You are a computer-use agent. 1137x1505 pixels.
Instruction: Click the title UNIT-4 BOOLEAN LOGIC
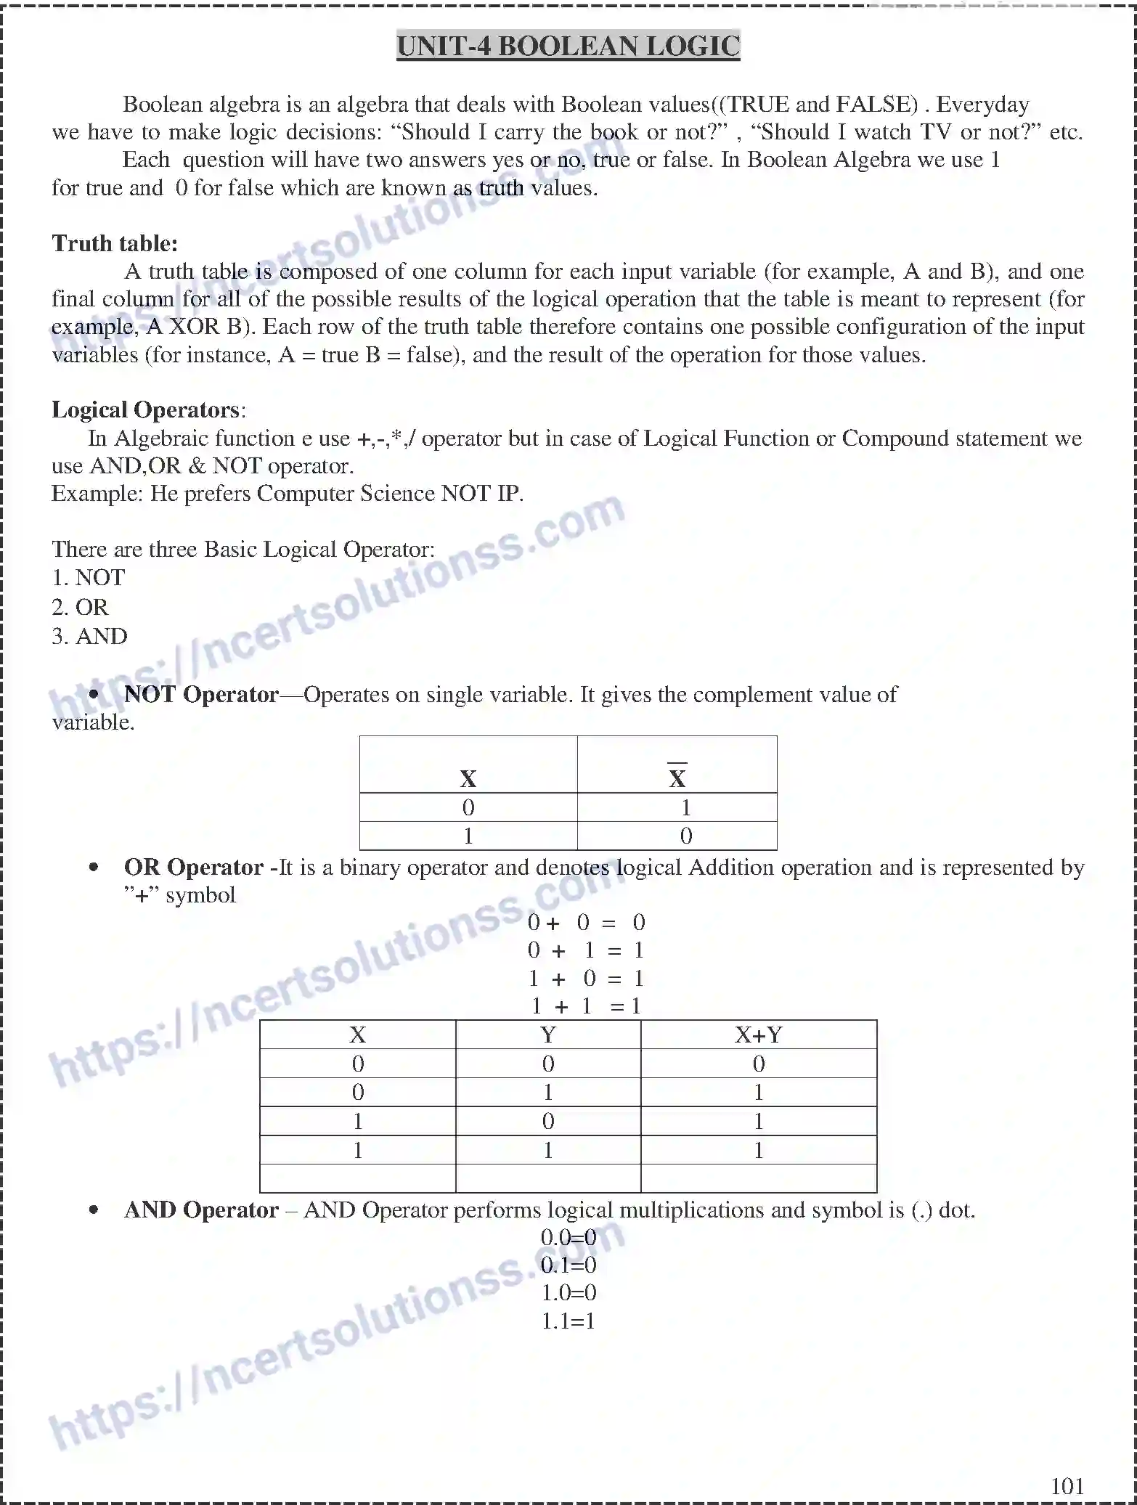568,46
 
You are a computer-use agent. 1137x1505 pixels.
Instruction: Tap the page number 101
1067,1485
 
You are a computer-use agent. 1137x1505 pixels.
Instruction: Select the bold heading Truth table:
115,243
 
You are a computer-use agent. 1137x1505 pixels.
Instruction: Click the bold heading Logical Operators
145,410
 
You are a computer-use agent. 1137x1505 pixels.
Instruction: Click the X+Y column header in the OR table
758,1035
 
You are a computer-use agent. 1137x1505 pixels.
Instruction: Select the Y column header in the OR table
547,1035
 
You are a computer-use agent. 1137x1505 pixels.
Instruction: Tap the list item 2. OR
80,607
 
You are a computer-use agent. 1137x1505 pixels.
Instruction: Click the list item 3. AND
89,636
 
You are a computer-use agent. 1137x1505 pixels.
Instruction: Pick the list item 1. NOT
88,578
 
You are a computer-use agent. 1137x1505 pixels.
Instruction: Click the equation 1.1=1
568,1321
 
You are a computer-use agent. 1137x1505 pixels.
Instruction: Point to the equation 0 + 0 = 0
586,923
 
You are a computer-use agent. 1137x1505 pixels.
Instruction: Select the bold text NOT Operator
201,695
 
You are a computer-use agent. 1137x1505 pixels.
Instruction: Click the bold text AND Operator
201,1210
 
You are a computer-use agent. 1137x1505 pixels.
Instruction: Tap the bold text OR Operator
193,868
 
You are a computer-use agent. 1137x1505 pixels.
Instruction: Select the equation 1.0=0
568,1293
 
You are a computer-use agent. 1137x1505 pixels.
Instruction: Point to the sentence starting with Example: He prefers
287,494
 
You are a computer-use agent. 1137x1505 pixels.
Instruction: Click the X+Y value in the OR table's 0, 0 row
758,1064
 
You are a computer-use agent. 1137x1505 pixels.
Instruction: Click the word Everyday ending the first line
982,105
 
